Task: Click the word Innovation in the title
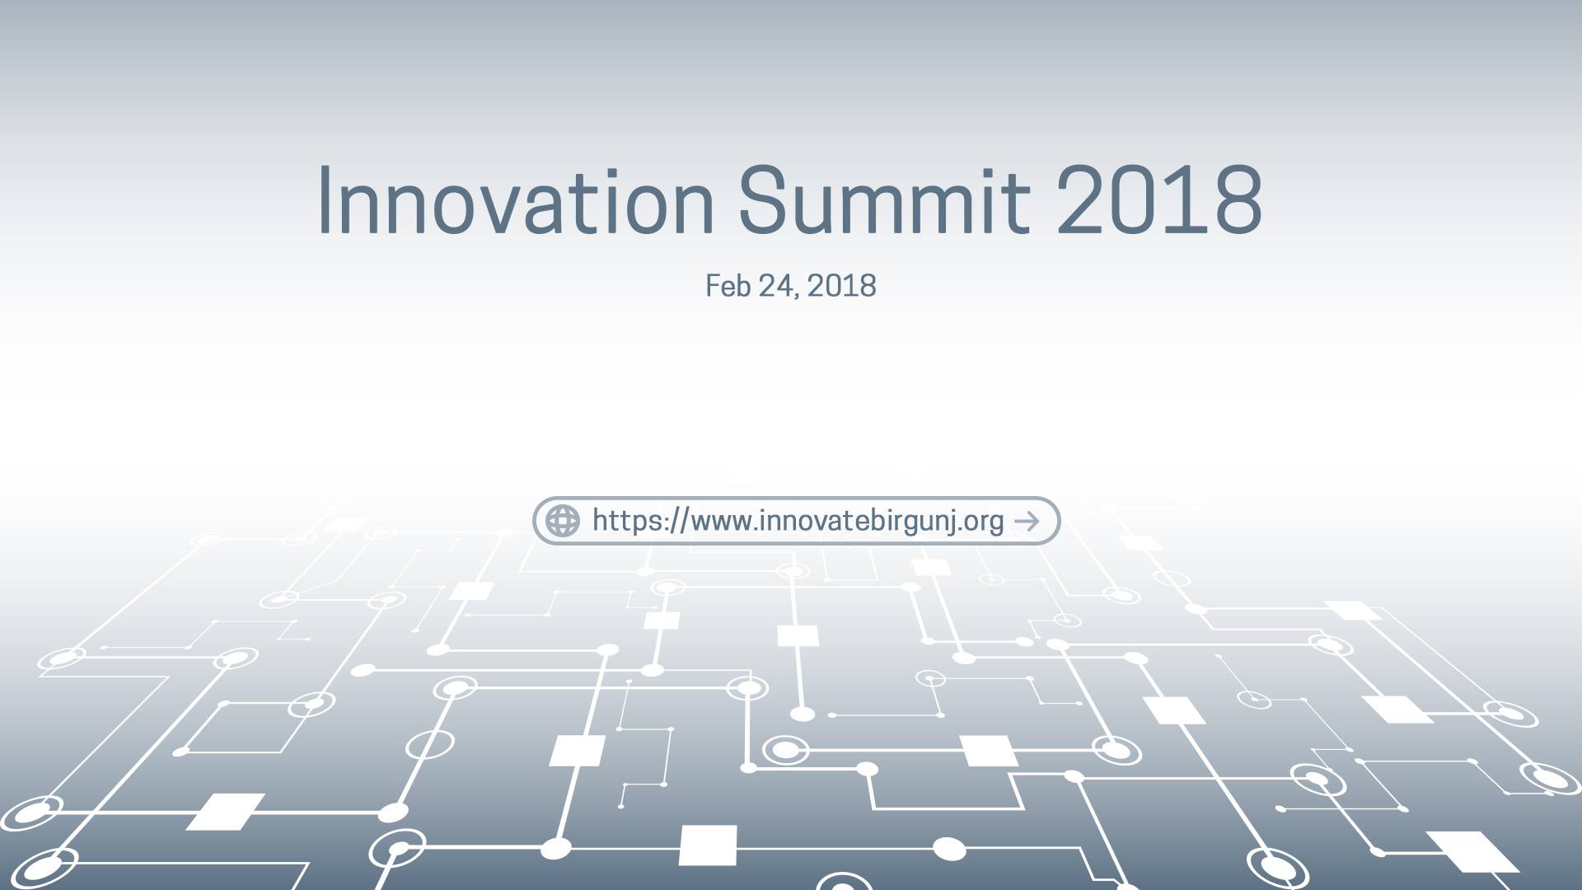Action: pyautogui.click(x=516, y=199)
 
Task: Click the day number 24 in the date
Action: pyautogui.click(x=778, y=286)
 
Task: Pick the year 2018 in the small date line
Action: pyautogui.click(x=841, y=286)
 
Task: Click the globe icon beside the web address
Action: pyautogui.click(x=563, y=521)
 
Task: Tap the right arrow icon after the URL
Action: pyautogui.click(x=1027, y=521)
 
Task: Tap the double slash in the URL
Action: pyautogui.click(x=677, y=521)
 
